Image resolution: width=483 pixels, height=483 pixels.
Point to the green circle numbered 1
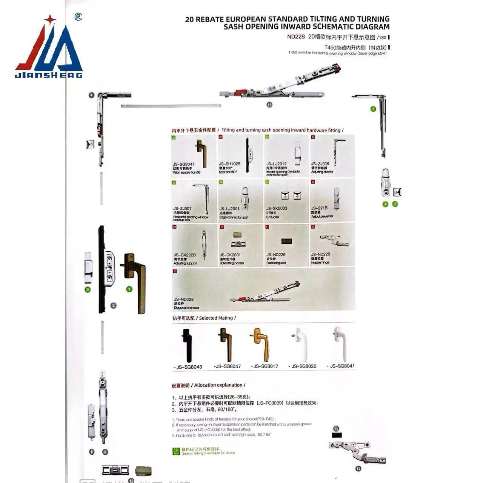pyautogui.click(x=129, y=289)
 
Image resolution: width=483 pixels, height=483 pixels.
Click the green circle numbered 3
pyautogui.click(x=88, y=289)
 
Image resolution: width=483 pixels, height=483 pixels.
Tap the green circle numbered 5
pyautogui.click(x=373, y=109)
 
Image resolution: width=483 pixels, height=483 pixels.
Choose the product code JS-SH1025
pyautogui.click(x=229, y=164)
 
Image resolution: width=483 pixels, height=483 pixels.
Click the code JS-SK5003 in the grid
pyautogui.click(x=277, y=208)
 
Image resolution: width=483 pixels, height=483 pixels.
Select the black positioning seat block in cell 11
pyautogui.click(x=286, y=241)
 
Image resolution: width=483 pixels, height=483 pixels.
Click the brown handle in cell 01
pyautogui.click(x=201, y=153)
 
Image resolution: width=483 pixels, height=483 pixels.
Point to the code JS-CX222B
pyautogui.click(x=185, y=255)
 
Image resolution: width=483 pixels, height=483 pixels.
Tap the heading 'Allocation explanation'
pyautogui.click(x=220, y=385)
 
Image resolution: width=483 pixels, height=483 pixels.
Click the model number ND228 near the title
pyautogui.click(x=295, y=37)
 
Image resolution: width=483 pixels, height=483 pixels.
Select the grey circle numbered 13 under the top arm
pyautogui.click(x=269, y=105)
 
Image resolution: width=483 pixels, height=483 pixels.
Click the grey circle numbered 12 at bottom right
pyautogui.click(x=358, y=469)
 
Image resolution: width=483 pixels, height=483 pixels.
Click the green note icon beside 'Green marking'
pyautogui.click(x=176, y=451)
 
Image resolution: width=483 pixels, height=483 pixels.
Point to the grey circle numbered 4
pyautogui.click(x=91, y=95)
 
